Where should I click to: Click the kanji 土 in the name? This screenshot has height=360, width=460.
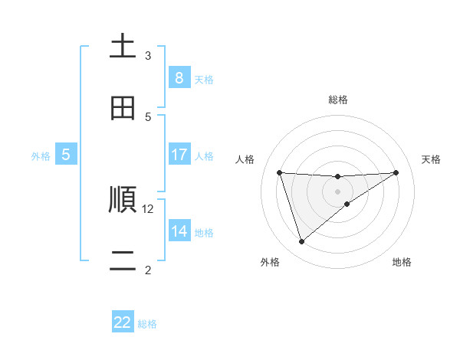[123, 46]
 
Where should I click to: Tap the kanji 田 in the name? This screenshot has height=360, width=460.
[123, 109]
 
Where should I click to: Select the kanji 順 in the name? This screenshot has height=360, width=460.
[123, 201]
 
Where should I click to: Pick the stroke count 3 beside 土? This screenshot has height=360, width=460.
[148, 55]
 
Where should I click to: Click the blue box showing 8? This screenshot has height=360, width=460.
[179, 78]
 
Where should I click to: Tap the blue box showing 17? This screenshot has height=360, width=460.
[179, 155]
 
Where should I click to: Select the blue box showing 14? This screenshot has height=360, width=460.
[179, 231]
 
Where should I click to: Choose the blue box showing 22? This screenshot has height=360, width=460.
[123, 322]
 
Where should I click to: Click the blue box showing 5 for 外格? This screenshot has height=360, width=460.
[66, 155]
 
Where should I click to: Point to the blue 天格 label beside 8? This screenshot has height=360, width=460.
[204, 79]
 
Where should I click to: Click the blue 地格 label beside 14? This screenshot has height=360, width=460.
[204, 232]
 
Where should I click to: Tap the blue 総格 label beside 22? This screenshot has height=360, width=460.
[147, 323]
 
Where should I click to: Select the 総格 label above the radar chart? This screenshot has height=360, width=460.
[337, 100]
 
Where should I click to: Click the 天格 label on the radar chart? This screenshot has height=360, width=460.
[431, 159]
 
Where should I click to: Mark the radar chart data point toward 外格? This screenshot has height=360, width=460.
[301, 242]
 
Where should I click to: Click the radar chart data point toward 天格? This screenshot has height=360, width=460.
[396, 172]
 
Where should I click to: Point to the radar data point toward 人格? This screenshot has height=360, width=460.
[280, 172]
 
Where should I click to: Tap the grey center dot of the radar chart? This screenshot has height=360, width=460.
[337, 191]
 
